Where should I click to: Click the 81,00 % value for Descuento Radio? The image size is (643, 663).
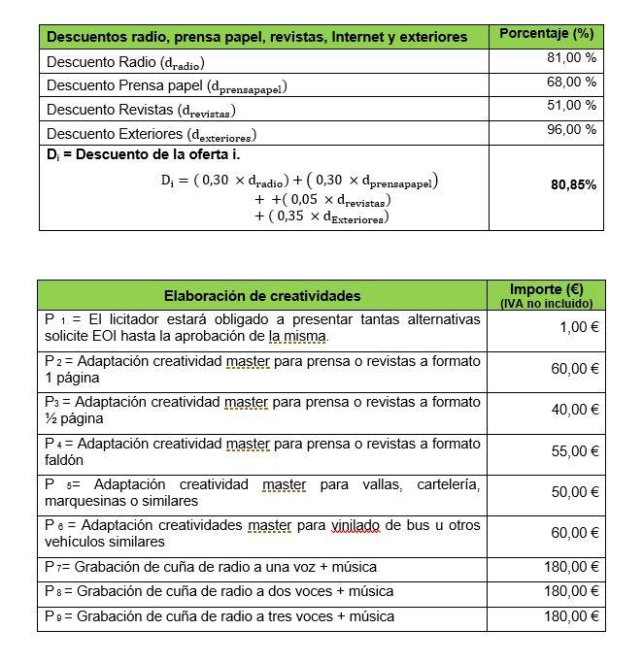coord(571,58)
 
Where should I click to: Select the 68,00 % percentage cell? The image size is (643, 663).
coord(571,83)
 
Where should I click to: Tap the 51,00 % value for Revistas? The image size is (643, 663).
coord(571,106)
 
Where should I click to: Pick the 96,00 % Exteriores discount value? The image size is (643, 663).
coord(571,130)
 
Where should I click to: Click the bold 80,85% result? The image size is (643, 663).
coord(573,184)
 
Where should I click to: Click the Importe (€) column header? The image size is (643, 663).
coord(546,289)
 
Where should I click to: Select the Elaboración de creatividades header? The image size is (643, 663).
coord(261,295)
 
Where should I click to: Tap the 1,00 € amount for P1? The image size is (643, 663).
coord(579,328)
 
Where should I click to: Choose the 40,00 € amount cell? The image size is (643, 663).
coord(575,410)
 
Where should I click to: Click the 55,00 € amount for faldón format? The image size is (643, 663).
coord(575,451)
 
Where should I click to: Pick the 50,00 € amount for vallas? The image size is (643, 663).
coord(575,492)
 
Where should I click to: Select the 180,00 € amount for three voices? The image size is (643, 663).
coord(571,616)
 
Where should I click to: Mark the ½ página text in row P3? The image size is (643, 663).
coord(74,418)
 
